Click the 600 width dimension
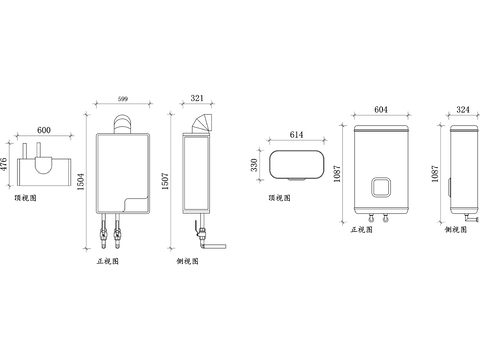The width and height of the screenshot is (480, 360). [x=43, y=131]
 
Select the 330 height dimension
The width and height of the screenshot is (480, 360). [x=255, y=164]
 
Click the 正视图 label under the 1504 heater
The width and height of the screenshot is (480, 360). [x=107, y=261]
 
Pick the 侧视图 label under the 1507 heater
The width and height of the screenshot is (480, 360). [x=187, y=261]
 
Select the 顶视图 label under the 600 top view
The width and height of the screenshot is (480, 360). [x=27, y=198]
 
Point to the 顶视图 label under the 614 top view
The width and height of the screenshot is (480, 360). [x=281, y=198]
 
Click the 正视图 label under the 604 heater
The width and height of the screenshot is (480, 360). [x=362, y=229]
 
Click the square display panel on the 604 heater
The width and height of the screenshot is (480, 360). [x=381, y=187]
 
